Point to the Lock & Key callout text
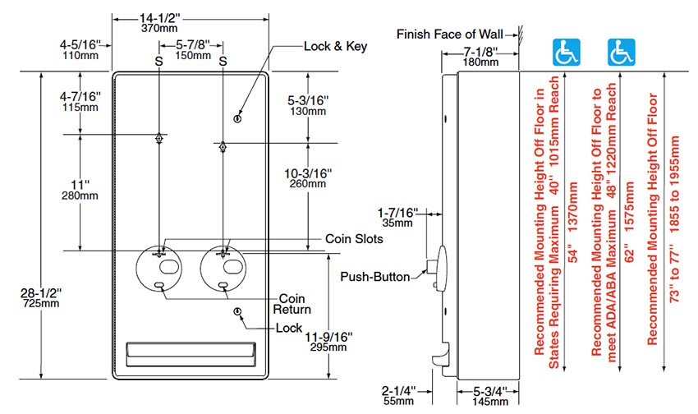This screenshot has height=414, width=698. pyautogui.click(x=335, y=46)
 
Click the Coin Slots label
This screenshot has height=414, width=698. pyautogui.click(x=355, y=238)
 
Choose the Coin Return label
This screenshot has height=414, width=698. pyautogui.click(x=295, y=304)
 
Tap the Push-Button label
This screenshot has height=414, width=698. pyautogui.click(x=375, y=277)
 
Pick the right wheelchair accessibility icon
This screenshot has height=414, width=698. pyautogui.click(x=620, y=53)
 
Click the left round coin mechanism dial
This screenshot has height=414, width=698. pyautogui.click(x=160, y=265)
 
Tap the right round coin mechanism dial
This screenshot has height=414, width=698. pyautogui.click(x=223, y=265)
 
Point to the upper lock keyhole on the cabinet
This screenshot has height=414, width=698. pyautogui.click(x=237, y=118)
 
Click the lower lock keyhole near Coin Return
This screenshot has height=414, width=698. pyautogui.click(x=237, y=311)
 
